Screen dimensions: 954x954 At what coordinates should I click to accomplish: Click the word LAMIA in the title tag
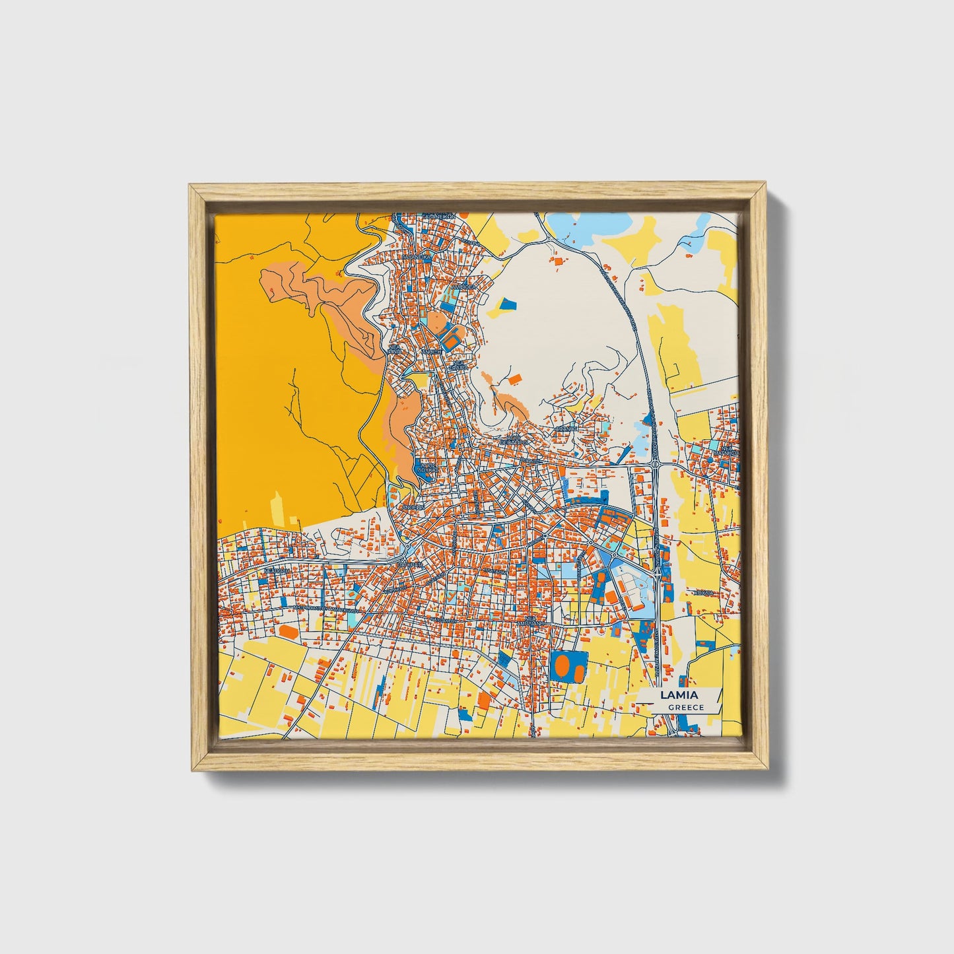(679, 695)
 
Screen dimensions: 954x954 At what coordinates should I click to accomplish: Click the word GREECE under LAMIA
(685, 707)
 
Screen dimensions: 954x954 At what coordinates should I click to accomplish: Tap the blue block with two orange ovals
(568, 666)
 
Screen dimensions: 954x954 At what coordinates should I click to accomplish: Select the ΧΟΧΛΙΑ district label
(704, 594)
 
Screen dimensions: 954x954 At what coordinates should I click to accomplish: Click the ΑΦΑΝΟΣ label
(565, 428)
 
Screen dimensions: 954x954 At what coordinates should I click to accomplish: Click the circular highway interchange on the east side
(656, 465)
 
